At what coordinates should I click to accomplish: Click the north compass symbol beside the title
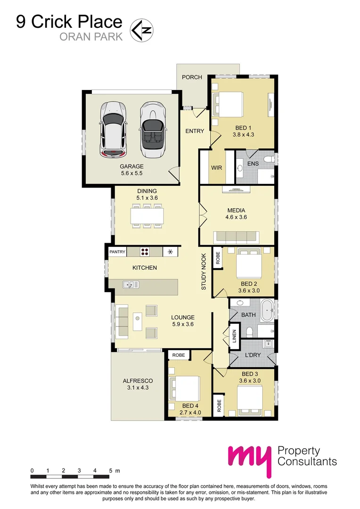(x=141, y=29)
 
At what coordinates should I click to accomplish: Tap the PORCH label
(x=192, y=77)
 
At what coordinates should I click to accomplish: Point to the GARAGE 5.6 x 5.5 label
(x=131, y=170)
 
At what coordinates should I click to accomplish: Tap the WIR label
(x=217, y=168)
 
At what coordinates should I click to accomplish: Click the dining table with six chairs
(x=148, y=216)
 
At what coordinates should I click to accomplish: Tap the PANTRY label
(x=117, y=252)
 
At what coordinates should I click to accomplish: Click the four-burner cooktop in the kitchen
(x=145, y=252)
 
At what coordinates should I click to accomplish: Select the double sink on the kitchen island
(x=130, y=284)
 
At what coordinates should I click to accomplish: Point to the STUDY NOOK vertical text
(x=204, y=271)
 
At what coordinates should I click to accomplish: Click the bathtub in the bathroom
(x=268, y=311)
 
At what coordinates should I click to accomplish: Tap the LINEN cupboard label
(x=234, y=337)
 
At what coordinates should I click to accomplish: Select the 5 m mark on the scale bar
(x=111, y=471)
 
